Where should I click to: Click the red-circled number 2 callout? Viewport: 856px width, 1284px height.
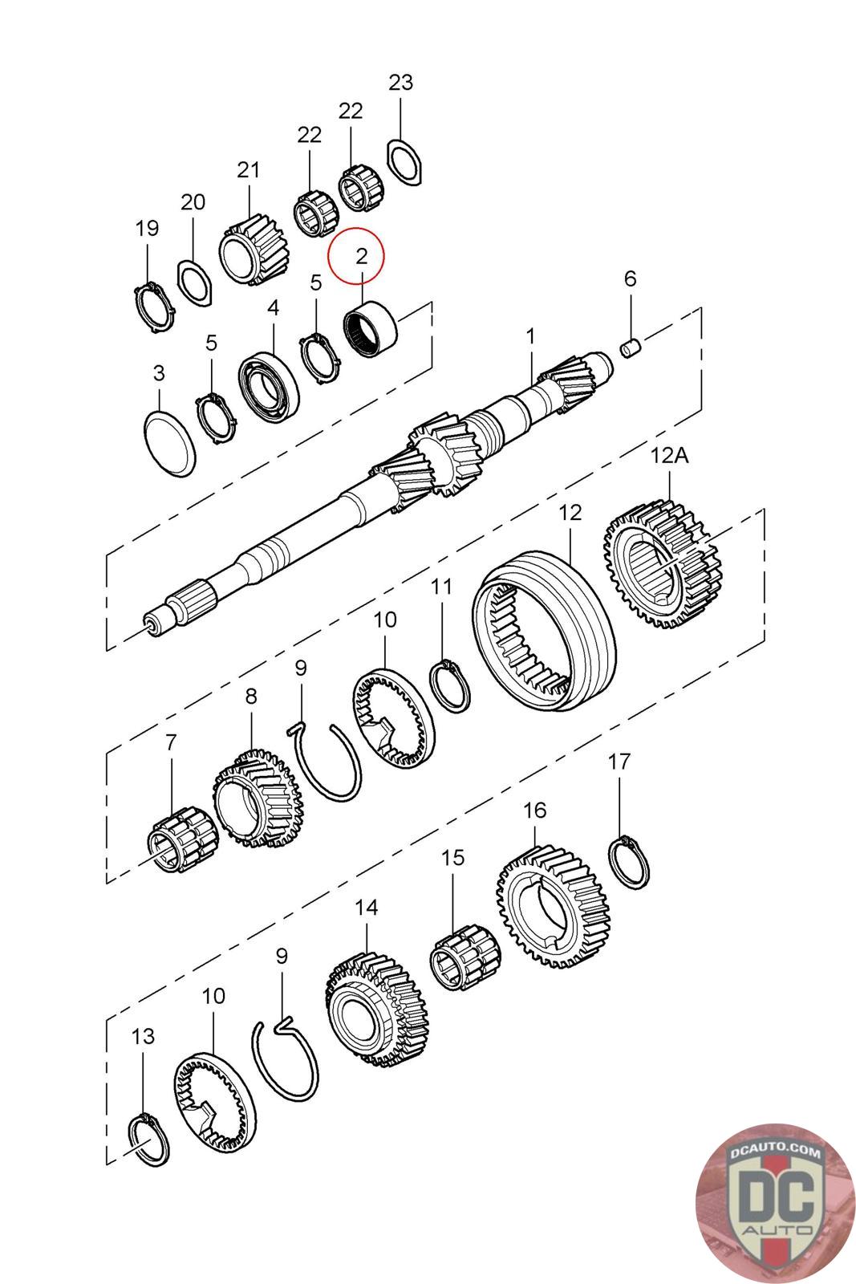coord(361,256)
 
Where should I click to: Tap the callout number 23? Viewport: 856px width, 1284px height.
coord(400,82)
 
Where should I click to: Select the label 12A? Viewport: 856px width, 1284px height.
coord(670,456)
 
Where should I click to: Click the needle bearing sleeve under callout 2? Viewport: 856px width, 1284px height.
coord(371,329)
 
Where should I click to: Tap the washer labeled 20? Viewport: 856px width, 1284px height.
coord(194,282)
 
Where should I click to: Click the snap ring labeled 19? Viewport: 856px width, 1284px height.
coord(152,307)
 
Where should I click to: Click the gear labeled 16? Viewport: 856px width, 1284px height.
coord(551,906)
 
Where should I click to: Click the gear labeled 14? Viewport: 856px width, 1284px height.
coord(376,1008)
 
